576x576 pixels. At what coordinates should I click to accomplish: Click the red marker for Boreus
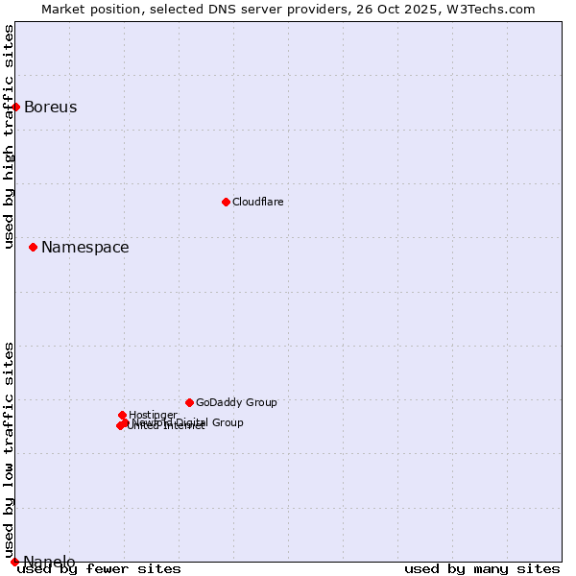click(16, 107)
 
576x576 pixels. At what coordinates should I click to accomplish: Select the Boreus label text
click(50, 108)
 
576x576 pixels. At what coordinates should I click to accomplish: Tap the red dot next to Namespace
click(34, 247)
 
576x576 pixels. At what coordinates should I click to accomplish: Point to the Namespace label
click(84, 248)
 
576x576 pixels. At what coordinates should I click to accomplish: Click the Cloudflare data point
click(226, 202)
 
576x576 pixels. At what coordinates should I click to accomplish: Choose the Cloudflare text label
click(257, 203)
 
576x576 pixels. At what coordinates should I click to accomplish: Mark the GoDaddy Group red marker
click(189, 402)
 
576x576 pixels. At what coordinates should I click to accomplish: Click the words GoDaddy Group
click(236, 403)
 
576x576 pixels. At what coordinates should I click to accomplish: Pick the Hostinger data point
click(122, 415)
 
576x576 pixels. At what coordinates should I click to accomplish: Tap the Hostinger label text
click(153, 416)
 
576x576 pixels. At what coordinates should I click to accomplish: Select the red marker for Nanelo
click(14, 562)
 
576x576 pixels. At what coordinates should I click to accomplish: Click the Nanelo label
click(49, 562)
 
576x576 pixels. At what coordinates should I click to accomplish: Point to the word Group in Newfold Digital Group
click(227, 422)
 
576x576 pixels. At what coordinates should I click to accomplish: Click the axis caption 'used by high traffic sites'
click(10, 136)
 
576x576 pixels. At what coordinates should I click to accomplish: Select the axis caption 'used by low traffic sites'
click(10, 449)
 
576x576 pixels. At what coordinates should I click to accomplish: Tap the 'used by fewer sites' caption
click(99, 568)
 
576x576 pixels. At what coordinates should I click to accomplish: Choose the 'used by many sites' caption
click(482, 568)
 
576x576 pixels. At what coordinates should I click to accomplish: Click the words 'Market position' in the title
click(87, 9)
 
